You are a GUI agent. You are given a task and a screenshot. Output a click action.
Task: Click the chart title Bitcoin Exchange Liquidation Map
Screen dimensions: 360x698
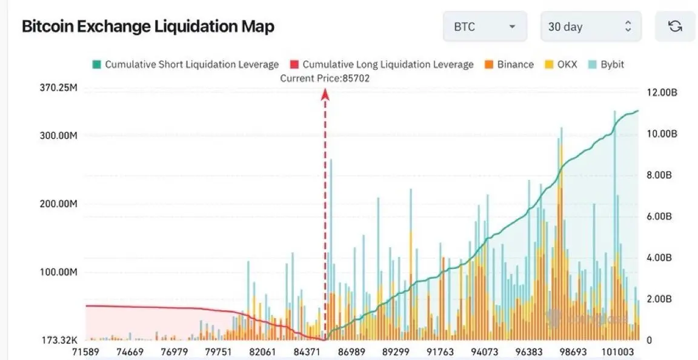coord(148,27)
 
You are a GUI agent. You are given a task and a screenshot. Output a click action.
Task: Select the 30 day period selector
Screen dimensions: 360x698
coord(590,27)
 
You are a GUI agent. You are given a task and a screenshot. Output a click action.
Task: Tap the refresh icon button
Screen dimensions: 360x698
coord(674,27)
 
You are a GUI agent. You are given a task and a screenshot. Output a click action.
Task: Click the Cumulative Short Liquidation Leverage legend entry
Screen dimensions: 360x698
coord(185,64)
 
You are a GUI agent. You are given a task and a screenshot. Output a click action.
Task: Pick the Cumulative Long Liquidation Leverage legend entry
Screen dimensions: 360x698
coord(382,64)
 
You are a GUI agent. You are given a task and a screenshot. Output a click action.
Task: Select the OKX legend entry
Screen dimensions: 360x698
coord(562,64)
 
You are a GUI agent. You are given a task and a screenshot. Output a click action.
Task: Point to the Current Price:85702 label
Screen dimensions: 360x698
coord(325,78)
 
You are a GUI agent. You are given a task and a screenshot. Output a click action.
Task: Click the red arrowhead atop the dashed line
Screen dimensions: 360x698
coord(325,93)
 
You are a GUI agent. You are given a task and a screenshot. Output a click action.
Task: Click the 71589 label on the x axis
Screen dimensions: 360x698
coord(85,352)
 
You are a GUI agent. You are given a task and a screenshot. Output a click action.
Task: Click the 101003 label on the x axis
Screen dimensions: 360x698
coord(618,352)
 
